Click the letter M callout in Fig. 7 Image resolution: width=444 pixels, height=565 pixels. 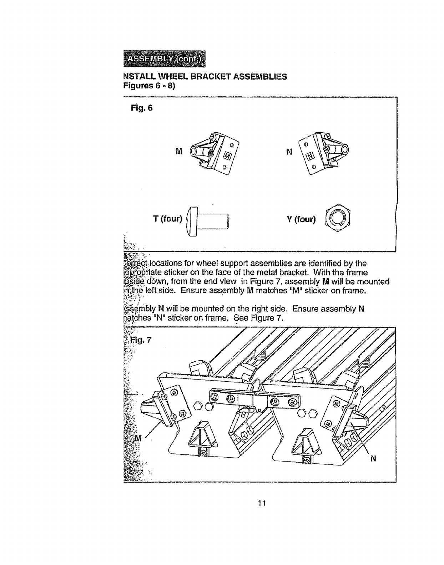[x=138, y=438]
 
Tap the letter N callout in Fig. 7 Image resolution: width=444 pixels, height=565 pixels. [x=373, y=459]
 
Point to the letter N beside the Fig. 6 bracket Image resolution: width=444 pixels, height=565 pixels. [x=289, y=152]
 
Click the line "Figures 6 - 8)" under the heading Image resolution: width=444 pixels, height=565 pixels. [x=149, y=86]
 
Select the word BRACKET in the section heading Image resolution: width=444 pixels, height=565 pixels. [x=211, y=77]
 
